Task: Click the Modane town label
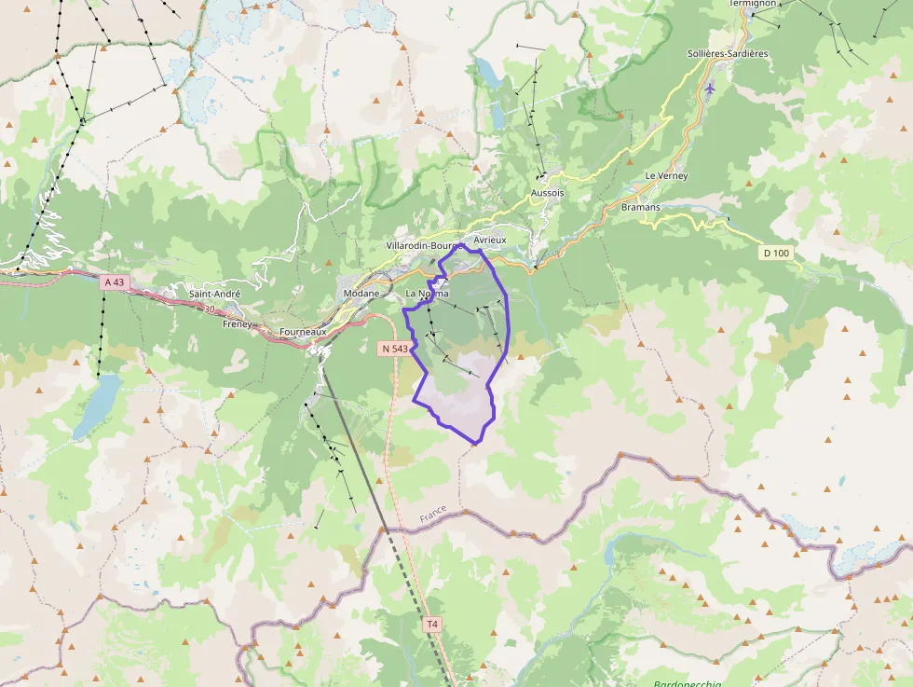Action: pos(361,294)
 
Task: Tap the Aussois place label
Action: pos(547,193)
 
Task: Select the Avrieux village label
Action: pos(490,240)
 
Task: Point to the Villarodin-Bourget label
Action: pos(423,246)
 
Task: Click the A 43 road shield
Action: pos(114,282)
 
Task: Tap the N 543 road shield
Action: pos(394,349)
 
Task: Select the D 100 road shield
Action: pos(775,253)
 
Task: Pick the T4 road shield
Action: pos(430,624)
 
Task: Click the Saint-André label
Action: pos(214,294)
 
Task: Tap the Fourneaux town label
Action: pos(303,331)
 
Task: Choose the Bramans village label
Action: pos(640,207)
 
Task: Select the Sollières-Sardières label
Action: pos(727,53)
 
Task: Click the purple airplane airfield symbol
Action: pos(711,89)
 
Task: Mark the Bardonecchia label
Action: pos(687,683)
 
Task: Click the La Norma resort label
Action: pos(427,294)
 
